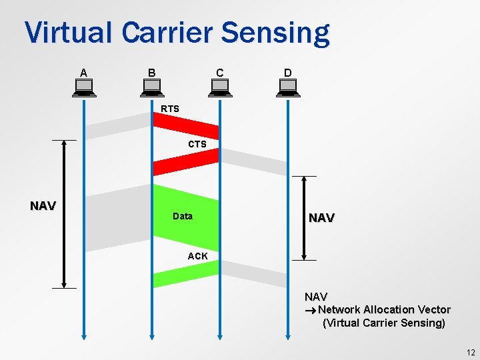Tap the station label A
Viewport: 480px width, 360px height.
coord(83,72)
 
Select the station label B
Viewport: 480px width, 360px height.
coord(151,72)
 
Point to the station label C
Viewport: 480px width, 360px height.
coord(219,72)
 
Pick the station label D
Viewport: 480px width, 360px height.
coord(287,72)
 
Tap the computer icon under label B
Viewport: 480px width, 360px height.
coord(151,87)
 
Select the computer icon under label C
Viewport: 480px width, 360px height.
coord(219,87)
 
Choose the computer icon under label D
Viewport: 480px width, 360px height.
coord(288,87)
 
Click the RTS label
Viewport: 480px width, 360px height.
coord(170,109)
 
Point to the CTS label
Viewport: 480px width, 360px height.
coord(197,144)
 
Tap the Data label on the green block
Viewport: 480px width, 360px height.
coord(182,216)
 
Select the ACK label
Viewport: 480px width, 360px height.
coord(197,256)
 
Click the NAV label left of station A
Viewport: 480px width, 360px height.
coord(43,206)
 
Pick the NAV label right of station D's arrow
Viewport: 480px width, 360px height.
coord(321,218)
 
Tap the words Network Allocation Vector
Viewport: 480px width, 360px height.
coord(384,310)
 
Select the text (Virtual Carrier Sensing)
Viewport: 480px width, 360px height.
coord(383,323)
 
